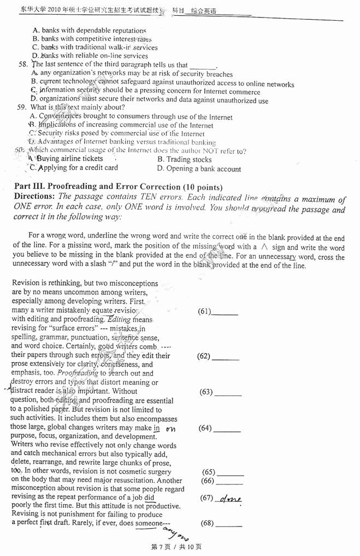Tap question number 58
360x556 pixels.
click(22, 65)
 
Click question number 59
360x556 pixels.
click(22, 108)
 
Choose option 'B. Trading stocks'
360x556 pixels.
click(184, 159)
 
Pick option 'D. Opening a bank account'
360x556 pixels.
click(199, 169)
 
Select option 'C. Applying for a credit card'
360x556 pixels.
click(74, 168)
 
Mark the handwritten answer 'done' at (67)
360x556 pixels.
click(230, 499)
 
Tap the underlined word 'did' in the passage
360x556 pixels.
click(149, 498)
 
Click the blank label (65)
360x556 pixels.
click(208, 472)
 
